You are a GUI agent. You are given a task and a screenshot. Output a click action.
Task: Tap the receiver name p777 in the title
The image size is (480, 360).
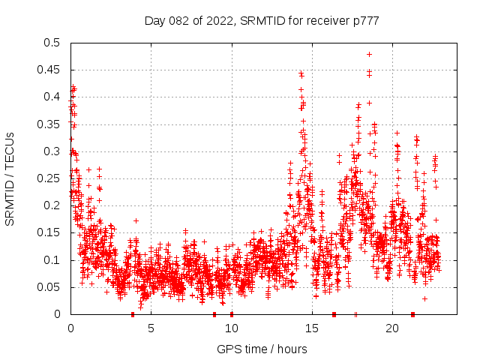pyautogui.click(x=363, y=21)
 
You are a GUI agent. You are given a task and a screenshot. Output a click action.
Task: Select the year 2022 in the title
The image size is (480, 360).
pyautogui.click(x=217, y=21)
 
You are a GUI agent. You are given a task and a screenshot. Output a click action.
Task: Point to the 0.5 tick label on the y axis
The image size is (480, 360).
pyautogui.click(x=53, y=43)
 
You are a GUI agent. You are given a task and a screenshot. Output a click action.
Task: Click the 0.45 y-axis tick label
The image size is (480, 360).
pyautogui.click(x=50, y=70)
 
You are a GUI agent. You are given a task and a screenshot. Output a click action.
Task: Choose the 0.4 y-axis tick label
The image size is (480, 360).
pyautogui.click(x=53, y=97)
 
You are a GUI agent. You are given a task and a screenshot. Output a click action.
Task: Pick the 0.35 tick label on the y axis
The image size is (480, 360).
pyautogui.click(x=50, y=124)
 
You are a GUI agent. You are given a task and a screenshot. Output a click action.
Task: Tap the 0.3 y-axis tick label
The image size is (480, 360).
pyautogui.click(x=53, y=151)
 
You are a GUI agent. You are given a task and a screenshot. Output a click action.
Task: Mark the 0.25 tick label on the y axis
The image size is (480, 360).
pyautogui.click(x=50, y=178)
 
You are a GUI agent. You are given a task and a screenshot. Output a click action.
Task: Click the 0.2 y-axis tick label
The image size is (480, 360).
pyautogui.click(x=53, y=205)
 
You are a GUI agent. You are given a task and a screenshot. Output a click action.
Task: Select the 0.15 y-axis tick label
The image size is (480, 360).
pyautogui.click(x=50, y=233)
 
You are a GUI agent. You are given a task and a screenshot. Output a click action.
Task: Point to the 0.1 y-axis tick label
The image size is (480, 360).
pyautogui.click(x=53, y=260)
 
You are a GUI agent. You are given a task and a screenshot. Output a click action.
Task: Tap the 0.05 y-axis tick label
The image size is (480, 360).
pyautogui.click(x=50, y=287)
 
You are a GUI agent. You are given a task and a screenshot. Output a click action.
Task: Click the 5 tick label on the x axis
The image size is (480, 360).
pyautogui.click(x=151, y=328)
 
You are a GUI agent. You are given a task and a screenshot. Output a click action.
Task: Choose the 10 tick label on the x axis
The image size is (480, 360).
pyautogui.click(x=231, y=328)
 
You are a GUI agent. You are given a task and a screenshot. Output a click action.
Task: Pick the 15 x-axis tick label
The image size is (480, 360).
pyautogui.click(x=311, y=328)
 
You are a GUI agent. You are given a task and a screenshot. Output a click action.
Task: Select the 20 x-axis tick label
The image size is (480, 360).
pyautogui.click(x=391, y=328)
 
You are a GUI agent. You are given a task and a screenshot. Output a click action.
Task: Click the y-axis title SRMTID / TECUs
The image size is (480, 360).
pyautogui.click(x=10, y=178)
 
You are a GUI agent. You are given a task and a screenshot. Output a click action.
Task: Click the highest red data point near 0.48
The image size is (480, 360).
pyautogui.click(x=369, y=54)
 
